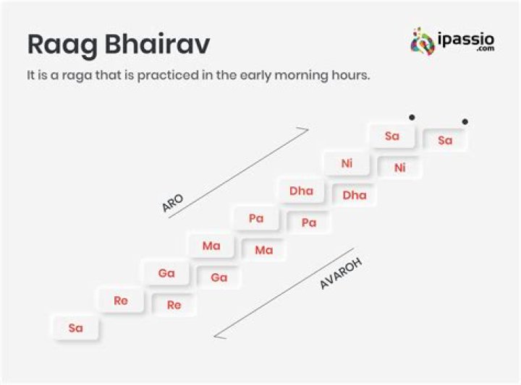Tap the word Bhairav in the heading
click(x=157, y=44)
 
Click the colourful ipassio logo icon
click(x=422, y=41)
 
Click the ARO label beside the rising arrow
click(x=172, y=203)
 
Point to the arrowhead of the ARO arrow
click(x=306, y=130)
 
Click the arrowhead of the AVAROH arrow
click(x=217, y=335)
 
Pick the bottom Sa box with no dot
click(x=76, y=328)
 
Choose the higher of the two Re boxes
click(x=121, y=300)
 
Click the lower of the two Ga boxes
click(x=219, y=277)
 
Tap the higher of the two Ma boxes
click(x=211, y=246)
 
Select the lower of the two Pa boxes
click(x=309, y=222)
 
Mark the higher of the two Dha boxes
click(x=301, y=191)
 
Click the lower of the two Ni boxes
click(x=400, y=168)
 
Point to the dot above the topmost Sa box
click(x=412, y=117)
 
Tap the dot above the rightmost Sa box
click(x=465, y=121)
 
